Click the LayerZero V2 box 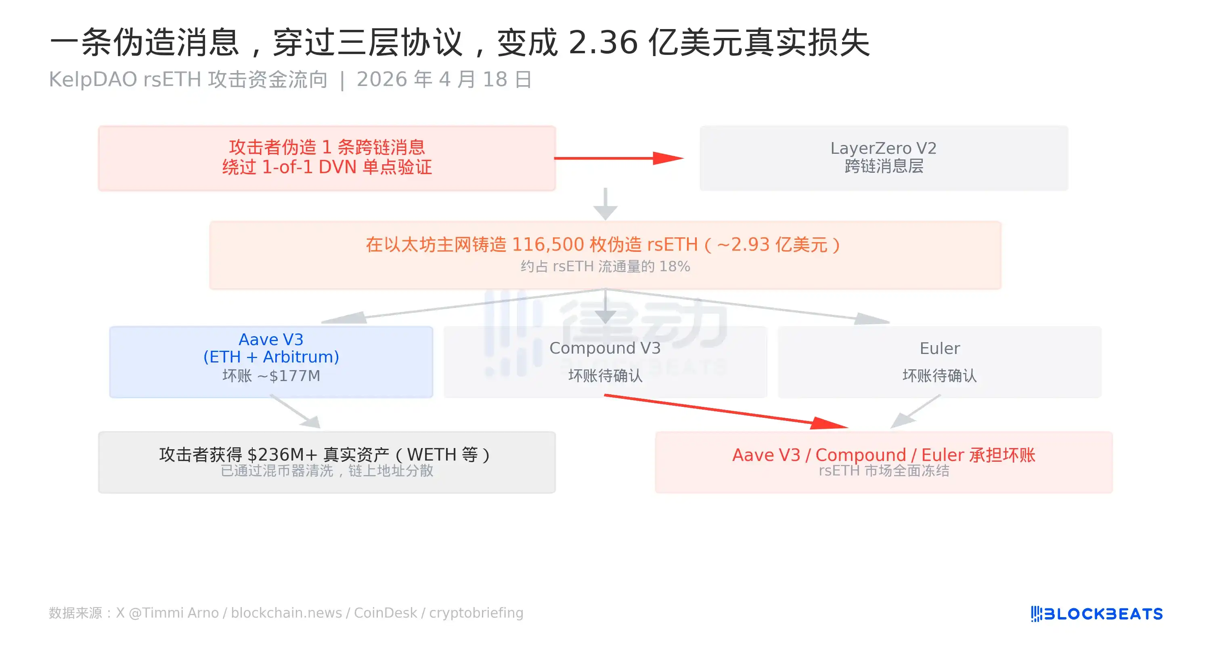coord(883,158)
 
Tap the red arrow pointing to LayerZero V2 coord(619,158)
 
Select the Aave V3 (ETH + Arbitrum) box coord(271,362)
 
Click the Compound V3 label coord(605,348)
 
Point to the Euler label coord(939,348)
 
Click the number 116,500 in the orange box coord(548,245)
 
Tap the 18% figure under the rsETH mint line coord(674,266)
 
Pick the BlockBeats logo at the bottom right coord(1096,614)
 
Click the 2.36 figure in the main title coord(603,42)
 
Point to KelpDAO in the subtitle coord(93,79)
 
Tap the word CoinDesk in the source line coord(385,613)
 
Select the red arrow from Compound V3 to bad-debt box coord(726,412)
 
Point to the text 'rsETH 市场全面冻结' coord(884,471)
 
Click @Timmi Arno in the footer coord(174,613)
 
